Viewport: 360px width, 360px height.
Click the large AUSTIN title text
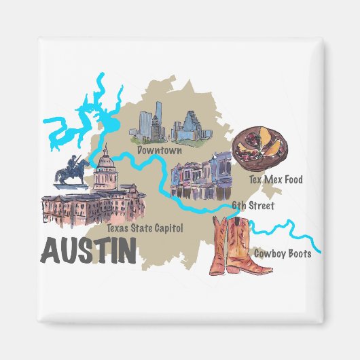point(88,251)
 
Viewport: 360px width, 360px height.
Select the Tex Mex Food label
point(276,180)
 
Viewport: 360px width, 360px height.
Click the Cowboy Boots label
point(283,254)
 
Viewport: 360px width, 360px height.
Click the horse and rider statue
point(73,170)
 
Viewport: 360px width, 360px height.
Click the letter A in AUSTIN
point(50,251)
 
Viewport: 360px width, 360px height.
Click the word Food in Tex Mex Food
point(292,180)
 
